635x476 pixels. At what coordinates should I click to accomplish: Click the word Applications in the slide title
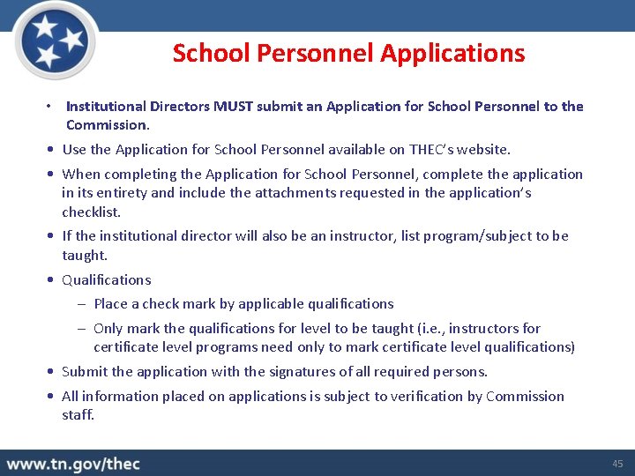coord(452,53)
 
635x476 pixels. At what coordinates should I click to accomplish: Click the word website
coord(479,150)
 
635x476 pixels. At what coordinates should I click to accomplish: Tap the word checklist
coord(90,212)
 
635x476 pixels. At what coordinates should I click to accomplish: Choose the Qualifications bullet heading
coord(106,280)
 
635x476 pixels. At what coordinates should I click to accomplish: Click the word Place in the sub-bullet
coord(110,304)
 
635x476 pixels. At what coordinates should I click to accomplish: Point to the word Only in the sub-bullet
coord(109,328)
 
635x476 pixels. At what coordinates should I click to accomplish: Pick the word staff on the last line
coord(77,414)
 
